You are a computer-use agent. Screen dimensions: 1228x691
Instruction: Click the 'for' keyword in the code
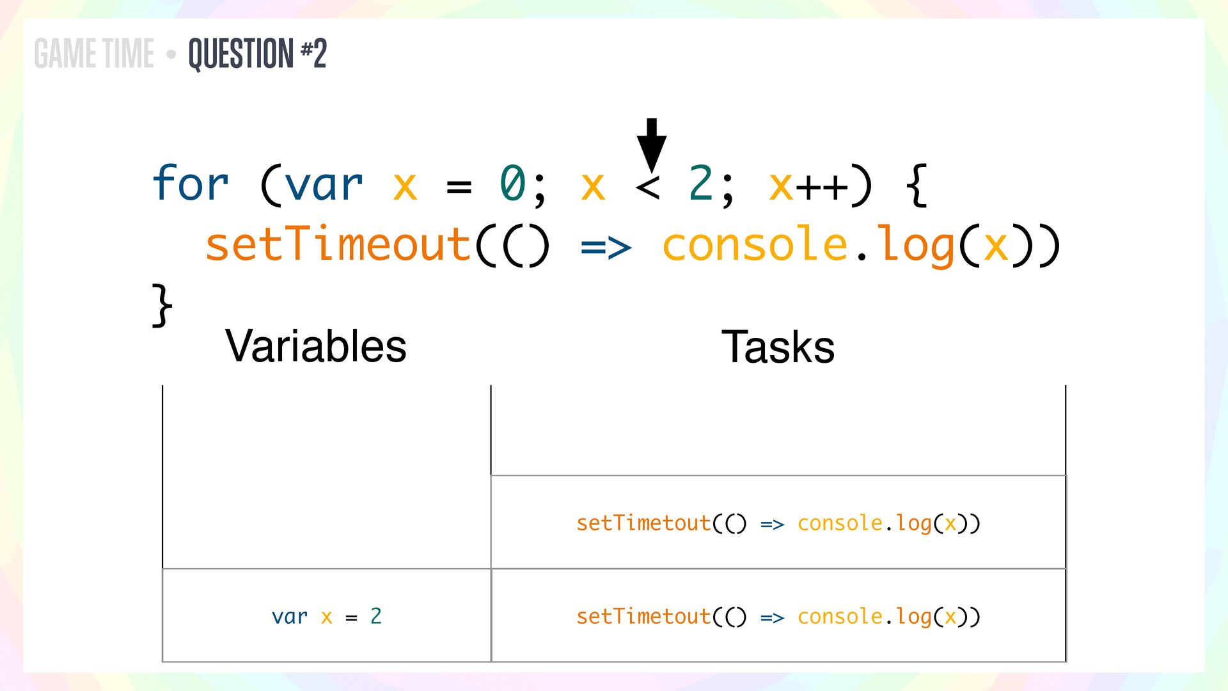(190, 184)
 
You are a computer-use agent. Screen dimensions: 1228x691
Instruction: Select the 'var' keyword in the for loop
(324, 184)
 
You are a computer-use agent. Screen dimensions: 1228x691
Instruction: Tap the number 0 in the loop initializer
(512, 184)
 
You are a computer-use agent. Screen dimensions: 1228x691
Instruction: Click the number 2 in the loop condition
(701, 184)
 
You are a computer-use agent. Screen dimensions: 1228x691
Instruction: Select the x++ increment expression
(808, 186)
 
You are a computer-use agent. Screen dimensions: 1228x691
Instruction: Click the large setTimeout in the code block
(338, 244)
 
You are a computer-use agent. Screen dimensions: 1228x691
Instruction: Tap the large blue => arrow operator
(605, 247)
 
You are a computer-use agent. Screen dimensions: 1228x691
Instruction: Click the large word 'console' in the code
(755, 244)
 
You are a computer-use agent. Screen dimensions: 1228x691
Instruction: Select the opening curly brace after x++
(917, 185)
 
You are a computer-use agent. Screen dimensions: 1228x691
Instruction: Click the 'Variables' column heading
(316, 346)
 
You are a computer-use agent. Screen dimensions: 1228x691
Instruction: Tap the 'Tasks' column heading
(778, 347)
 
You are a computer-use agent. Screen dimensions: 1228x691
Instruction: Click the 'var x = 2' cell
(326, 616)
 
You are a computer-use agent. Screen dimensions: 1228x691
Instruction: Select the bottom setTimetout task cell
(778, 616)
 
